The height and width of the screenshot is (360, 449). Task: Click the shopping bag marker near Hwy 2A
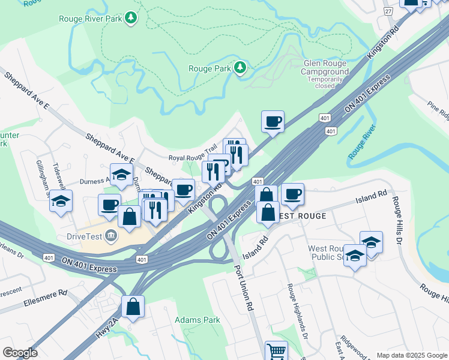[133, 307]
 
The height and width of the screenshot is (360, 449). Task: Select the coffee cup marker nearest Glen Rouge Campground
[273, 122]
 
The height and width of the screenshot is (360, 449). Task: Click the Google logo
[20, 353]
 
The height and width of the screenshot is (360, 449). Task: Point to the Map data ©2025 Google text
[411, 355]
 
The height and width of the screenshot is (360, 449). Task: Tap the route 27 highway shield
[388, 11]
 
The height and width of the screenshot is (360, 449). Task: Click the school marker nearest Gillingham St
[61, 201]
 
